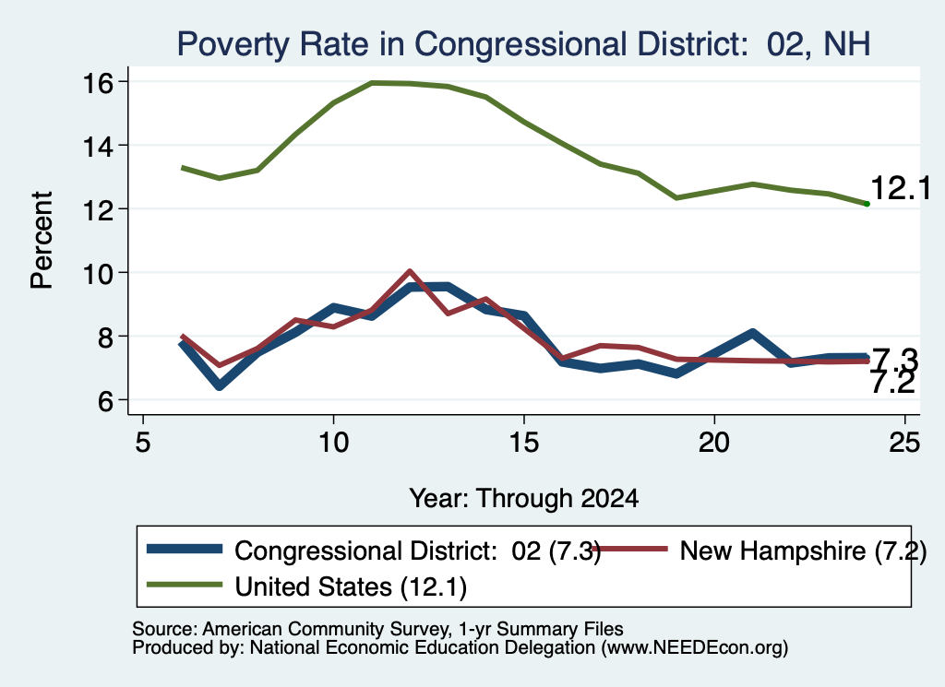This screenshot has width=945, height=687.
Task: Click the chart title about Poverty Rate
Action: (523, 44)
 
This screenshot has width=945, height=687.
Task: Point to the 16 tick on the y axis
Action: (97, 82)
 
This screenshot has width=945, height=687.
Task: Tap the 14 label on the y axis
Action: (97, 146)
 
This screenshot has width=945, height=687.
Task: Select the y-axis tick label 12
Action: (97, 209)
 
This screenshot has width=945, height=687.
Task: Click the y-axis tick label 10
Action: (97, 273)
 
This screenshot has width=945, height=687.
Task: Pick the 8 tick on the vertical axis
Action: (104, 337)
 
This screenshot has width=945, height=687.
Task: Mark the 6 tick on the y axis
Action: (104, 400)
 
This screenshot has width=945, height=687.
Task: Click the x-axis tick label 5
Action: (143, 443)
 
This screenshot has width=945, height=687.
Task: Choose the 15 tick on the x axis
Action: (524, 443)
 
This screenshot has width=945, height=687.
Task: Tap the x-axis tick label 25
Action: (904, 443)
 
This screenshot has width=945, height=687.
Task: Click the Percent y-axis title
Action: (42, 241)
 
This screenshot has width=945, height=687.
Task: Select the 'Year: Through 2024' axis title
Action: (524, 499)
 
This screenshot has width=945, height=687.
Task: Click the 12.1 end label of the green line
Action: (901, 188)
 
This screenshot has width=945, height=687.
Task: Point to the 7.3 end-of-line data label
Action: (894, 360)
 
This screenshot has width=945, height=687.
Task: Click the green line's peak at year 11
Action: (372, 82)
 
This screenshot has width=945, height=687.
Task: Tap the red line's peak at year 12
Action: (410, 271)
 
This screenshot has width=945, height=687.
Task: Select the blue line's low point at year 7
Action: (220, 385)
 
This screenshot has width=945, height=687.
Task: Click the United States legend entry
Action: (306, 586)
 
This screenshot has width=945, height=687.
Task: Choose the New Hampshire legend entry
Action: (759, 551)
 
